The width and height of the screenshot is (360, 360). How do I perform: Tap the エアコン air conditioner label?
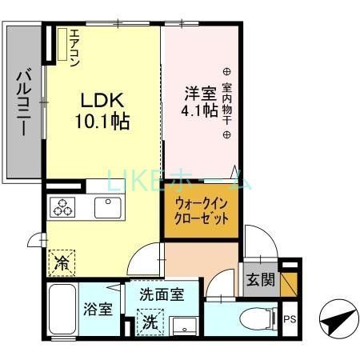point(74,48)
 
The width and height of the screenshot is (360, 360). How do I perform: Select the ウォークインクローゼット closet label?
point(202,210)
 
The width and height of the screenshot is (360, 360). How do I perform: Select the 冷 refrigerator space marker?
point(62,261)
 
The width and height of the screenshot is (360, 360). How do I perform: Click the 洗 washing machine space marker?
point(150,323)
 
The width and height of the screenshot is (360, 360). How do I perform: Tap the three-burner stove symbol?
point(63,207)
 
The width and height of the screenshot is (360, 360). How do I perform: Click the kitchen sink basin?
point(106,207)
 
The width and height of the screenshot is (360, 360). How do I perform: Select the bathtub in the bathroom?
point(59,310)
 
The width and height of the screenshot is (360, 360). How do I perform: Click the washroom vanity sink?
point(186,325)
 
